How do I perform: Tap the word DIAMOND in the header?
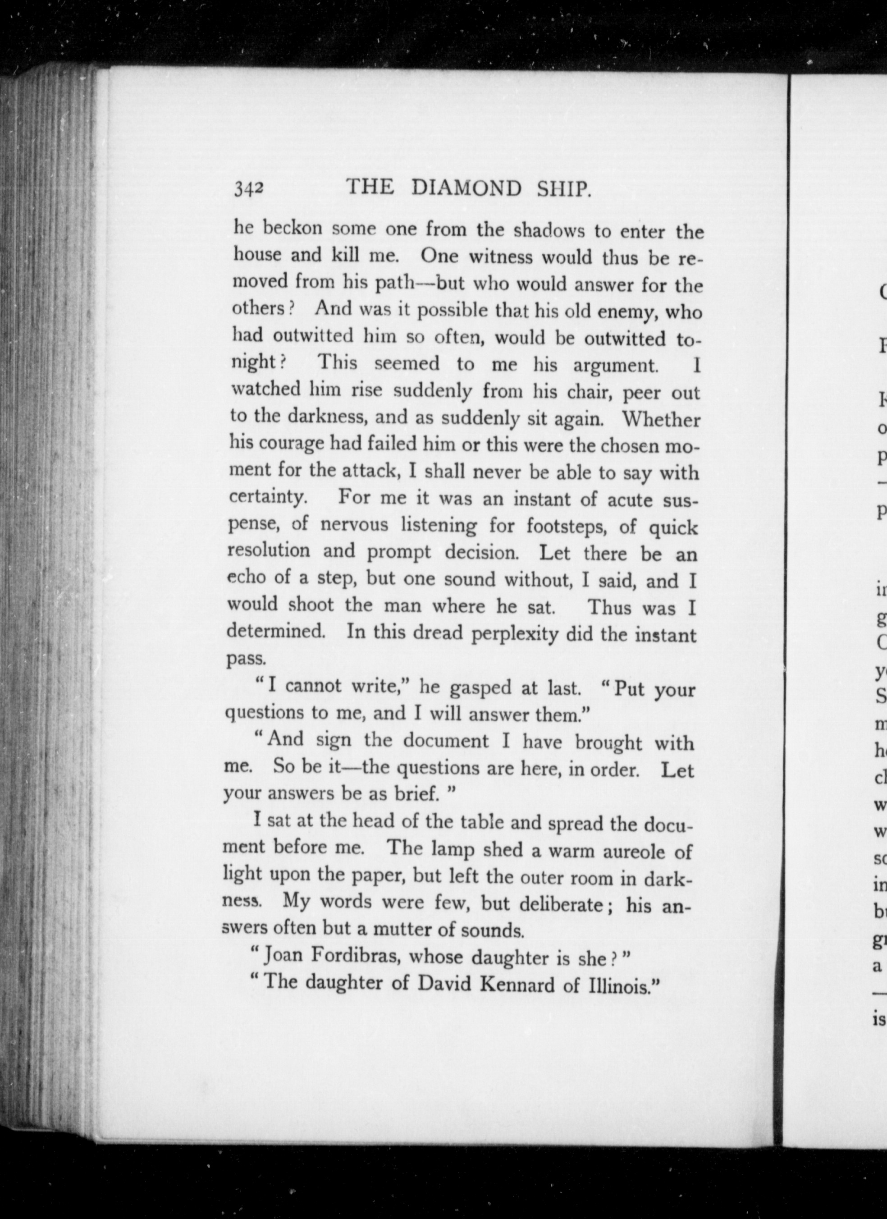pos(466,188)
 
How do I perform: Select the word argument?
pos(615,366)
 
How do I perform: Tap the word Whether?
pos(661,419)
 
